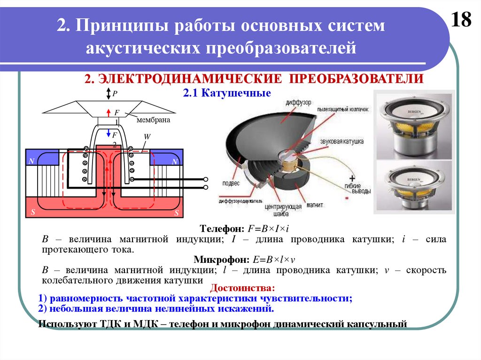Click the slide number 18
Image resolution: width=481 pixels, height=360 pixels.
coord(461,20)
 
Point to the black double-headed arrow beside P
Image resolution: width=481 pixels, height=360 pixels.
coord(108,93)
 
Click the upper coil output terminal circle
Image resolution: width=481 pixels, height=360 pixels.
coord(205,179)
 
